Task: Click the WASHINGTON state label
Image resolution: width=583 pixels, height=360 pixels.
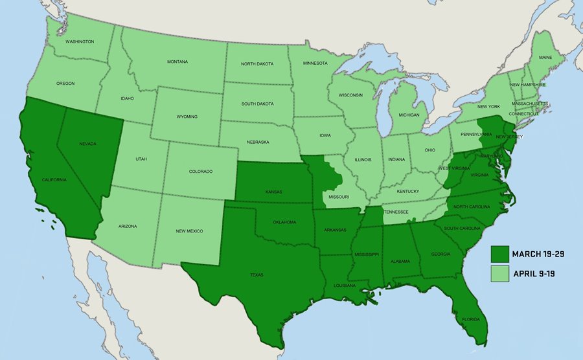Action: click(x=80, y=41)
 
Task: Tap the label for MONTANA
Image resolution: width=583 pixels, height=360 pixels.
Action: click(x=177, y=62)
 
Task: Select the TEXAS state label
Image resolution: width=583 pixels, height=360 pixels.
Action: click(x=257, y=275)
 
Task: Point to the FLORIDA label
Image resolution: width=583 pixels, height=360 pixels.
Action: click(x=471, y=319)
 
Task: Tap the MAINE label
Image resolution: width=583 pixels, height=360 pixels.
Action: click(x=545, y=58)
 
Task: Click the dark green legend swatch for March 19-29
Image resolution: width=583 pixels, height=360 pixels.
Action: click(x=500, y=254)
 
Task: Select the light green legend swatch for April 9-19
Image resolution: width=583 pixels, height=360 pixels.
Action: click(x=500, y=273)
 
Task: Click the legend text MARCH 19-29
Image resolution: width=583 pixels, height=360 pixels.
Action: click(x=538, y=254)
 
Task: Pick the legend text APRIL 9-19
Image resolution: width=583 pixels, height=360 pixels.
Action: click(x=535, y=273)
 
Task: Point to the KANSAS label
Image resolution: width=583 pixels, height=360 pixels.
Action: click(x=274, y=192)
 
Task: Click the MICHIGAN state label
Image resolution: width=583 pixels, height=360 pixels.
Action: click(x=409, y=115)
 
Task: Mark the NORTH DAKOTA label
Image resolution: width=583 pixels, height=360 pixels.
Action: click(x=257, y=63)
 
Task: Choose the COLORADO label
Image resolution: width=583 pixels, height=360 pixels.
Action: click(x=201, y=172)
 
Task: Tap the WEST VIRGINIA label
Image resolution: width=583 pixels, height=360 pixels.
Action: click(x=453, y=168)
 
